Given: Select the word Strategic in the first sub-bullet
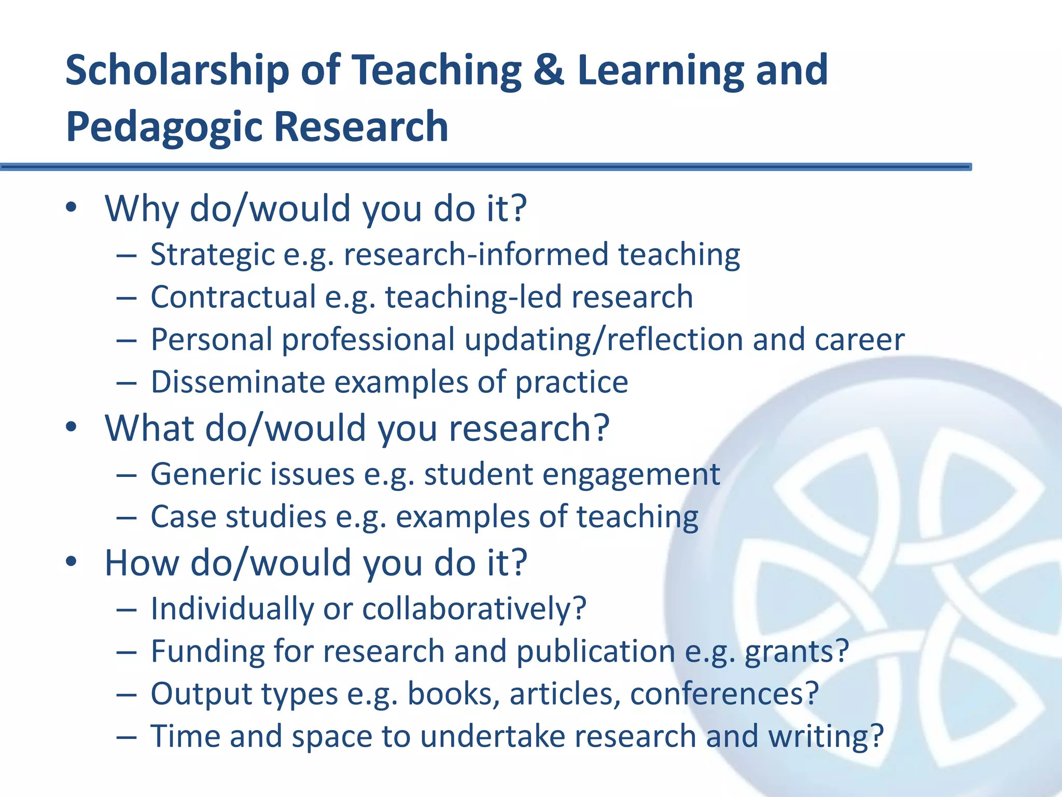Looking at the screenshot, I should (x=212, y=255).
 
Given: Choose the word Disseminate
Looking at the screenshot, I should (x=237, y=382).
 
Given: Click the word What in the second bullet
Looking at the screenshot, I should (x=149, y=429).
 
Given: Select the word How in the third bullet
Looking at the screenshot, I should (x=142, y=563).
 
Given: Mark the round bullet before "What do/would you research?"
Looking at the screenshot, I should (x=72, y=428).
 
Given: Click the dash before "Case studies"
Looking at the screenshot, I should (x=127, y=518).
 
